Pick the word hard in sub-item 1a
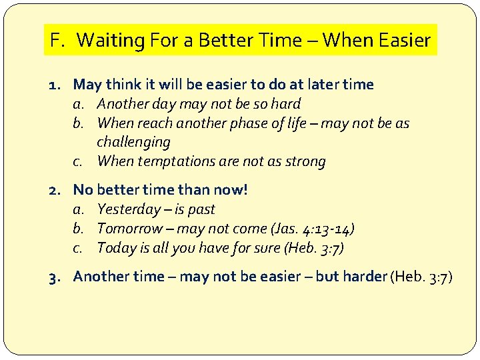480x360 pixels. pyautogui.click(x=286, y=104)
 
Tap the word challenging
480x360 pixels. pyautogui.click(x=133, y=142)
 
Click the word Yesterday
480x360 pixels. pyautogui.click(x=127, y=209)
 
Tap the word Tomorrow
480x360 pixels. pyautogui.click(x=129, y=229)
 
